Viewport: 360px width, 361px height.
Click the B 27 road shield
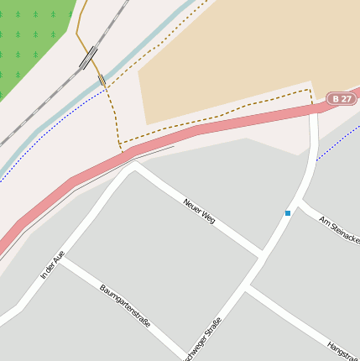tap(340, 99)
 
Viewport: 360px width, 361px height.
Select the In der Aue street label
tap(52, 264)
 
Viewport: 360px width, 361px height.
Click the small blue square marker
tap(288, 213)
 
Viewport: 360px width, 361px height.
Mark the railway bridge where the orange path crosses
tap(88, 57)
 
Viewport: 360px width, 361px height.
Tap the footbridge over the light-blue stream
tap(102, 81)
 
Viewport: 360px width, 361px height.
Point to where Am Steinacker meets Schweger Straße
tap(299, 201)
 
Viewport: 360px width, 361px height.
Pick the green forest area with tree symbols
tap(29, 42)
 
